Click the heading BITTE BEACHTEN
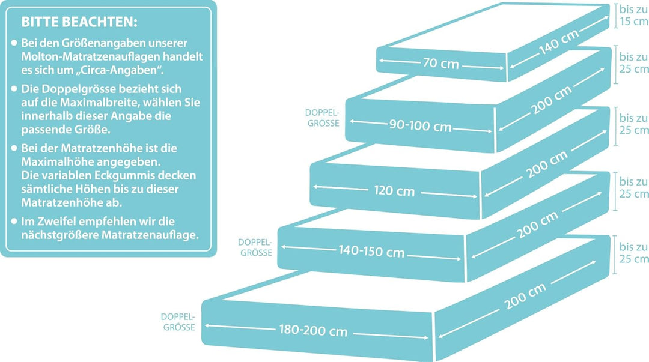tap(79, 22)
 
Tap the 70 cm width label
tap(441, 63)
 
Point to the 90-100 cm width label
tap(420, 125)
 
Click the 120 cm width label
tap(394, 190)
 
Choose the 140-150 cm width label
tap(371, 251)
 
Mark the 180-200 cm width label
tap(313, 330)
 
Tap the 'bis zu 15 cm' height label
tap(633, 15)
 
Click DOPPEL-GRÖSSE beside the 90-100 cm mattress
tap(323, 118)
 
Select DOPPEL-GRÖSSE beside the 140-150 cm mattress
tap(255, 247)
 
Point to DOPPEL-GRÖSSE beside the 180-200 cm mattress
tap(178, 322)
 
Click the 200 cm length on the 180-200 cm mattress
tap(525, 296)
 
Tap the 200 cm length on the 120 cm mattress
tap(547, 164)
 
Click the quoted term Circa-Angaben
tap(119, 70)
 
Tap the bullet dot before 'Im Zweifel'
tap(14, 220)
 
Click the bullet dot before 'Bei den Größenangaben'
tap(14, 43)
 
